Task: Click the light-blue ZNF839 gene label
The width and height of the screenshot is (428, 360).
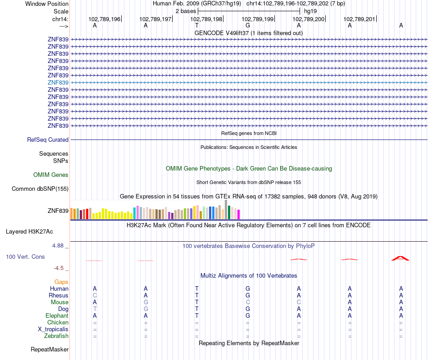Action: click(58, 82)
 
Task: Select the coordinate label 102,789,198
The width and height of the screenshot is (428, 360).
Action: click(206, 19)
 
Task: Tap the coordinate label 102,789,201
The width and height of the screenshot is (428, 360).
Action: click(359, 19)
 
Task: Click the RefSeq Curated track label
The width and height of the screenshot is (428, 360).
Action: click(48, 140)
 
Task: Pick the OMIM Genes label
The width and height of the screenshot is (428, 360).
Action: click(51, 175)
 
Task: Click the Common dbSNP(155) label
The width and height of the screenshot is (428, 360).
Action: click(40, 189)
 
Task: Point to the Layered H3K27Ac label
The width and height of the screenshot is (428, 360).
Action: click(29, 232)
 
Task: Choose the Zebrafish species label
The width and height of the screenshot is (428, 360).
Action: click(56, 336)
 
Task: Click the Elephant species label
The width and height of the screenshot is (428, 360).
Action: click(57, 315)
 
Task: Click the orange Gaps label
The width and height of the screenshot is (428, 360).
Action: click(61, 282)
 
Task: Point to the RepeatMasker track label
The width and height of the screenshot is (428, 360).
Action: click(50, 349)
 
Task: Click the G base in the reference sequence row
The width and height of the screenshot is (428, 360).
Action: click(248, 25)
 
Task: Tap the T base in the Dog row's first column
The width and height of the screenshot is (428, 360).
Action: click(95, 309)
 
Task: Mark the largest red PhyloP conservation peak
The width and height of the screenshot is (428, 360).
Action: click(401, 258)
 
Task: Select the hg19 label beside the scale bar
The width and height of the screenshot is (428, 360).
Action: click(310, 10)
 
